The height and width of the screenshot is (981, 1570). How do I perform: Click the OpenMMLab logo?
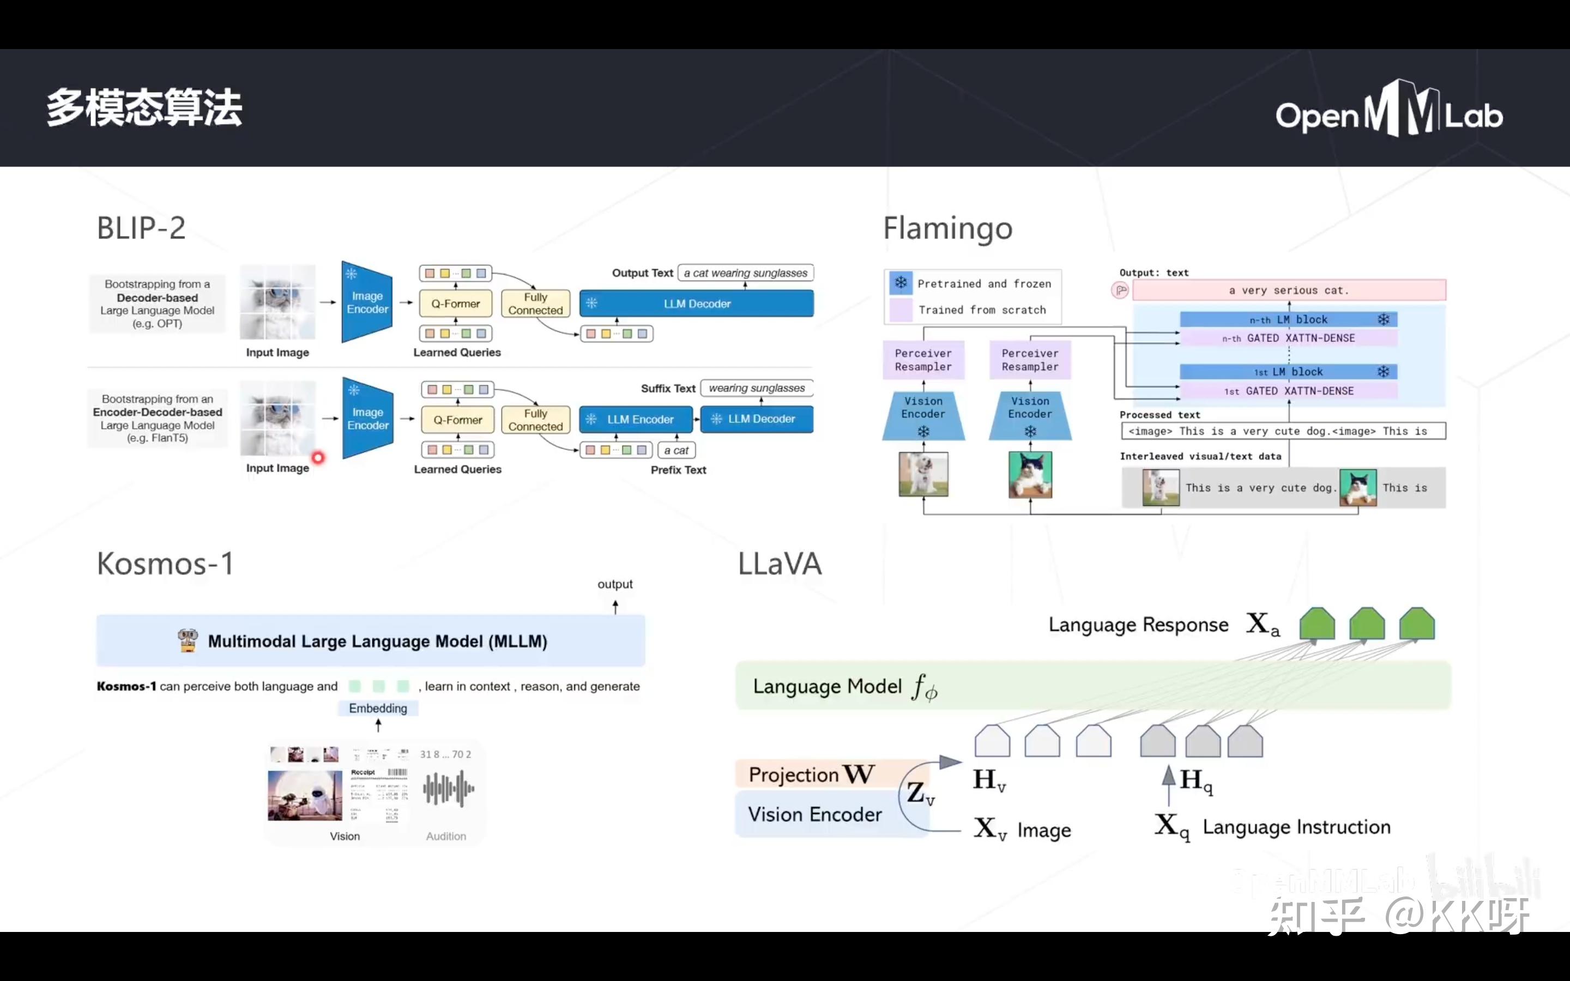pos(1388,110)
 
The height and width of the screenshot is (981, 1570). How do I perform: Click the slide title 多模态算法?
pos(144,108)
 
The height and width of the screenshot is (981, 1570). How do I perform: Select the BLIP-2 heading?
pos(141,228)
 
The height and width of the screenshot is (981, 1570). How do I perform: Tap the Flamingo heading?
pos(947,228)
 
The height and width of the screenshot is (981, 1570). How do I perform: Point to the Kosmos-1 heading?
pos(165,563)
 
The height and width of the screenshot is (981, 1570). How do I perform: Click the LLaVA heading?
pos(779,563)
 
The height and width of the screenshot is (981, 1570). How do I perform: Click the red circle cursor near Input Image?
pos(318,458)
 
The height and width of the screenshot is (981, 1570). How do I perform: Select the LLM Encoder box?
pos(636,419)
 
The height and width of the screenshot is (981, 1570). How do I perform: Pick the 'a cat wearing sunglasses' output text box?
pos(745,273)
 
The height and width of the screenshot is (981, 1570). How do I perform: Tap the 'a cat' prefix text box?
pos(676,450)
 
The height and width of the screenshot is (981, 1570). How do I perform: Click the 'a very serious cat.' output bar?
pos(1289,290)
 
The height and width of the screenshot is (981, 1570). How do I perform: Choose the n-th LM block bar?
pos(1288,319)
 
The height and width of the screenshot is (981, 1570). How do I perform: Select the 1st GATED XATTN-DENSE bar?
pos(1288,391)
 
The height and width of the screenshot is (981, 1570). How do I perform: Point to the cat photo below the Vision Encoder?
pos(1030,474)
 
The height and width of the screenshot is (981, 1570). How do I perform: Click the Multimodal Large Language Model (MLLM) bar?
pos(371,641)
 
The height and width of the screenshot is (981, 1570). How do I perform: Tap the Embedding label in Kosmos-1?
pos(378,708)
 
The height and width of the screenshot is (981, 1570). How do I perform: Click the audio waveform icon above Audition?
pos(448,788)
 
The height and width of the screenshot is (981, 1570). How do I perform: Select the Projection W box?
pos(811,774)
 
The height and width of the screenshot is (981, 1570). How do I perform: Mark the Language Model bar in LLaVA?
pos(1092,686)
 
